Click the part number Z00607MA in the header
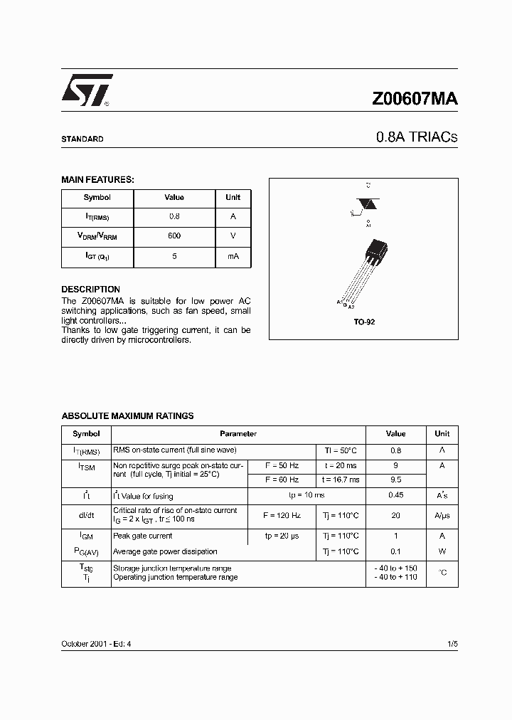click(x=415, y=99)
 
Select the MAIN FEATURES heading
click(x=97, y=180)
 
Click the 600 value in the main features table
click(x=174, y=235)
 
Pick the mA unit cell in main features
click(x=233, y=255)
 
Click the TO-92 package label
click(x=364, y=322)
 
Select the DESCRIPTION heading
click(x=90, y=290)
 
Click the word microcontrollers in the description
click(x=159, y=340)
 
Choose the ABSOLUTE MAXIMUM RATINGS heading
click(x=127, y=415)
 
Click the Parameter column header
click(x=238, y=433)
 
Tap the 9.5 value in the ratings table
click(x=395, y=480)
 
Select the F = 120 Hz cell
click(x=281, y=514)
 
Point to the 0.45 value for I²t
click(x=395, y=495)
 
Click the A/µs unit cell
click(x=442, y=515)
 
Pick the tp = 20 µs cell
click(x=281, y=536)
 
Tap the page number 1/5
click(x=452, y=643)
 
